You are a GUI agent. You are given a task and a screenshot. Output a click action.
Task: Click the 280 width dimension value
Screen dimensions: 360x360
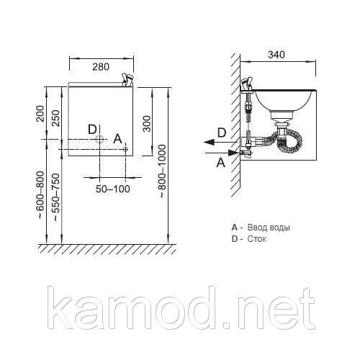pyautogui.click(x=101, y=67)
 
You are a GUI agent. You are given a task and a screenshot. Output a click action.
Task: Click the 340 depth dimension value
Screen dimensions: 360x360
pyautogui.click(x=276, y=55)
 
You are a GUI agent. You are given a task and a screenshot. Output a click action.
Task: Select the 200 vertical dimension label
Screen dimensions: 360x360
pyautogui.click(x=40, y=114)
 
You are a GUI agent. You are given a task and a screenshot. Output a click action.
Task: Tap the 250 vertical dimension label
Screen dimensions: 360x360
pyautogui.click(x=55, y=118)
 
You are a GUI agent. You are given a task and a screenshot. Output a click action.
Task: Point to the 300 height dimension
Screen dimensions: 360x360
pyautogui.click(x=147, y=124)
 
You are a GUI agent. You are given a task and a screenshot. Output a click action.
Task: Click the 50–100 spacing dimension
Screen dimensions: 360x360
pyautogui.click(x=113, y=189)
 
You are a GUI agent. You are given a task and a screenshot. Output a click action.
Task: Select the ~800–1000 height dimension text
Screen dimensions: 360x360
pyautogui.click(x=162, y=171)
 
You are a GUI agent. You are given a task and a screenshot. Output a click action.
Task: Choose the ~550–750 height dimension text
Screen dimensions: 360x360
pyautogui.click(x=55, y=197)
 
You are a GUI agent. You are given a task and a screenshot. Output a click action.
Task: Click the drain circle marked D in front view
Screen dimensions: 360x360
pyautogui.click(x=99, y=139)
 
